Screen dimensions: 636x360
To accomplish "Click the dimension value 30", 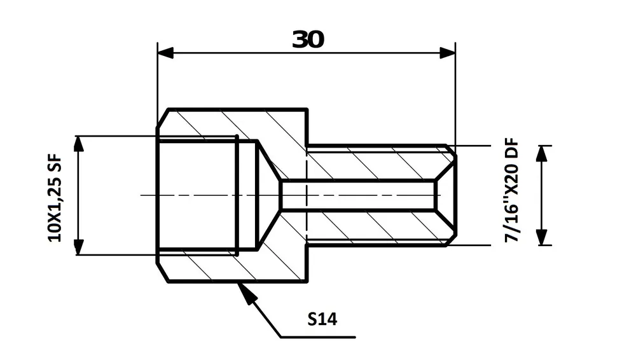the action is (308, 39).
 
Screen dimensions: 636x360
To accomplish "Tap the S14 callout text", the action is (322, 319).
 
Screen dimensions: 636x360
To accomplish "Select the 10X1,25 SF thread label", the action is (55, 198).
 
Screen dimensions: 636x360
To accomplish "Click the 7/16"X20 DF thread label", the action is (512, 190).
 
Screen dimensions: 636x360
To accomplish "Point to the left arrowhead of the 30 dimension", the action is (165, 53).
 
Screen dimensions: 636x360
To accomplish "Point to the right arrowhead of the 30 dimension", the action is (448, 53).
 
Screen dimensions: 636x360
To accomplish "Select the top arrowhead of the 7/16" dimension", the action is (542, 153).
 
